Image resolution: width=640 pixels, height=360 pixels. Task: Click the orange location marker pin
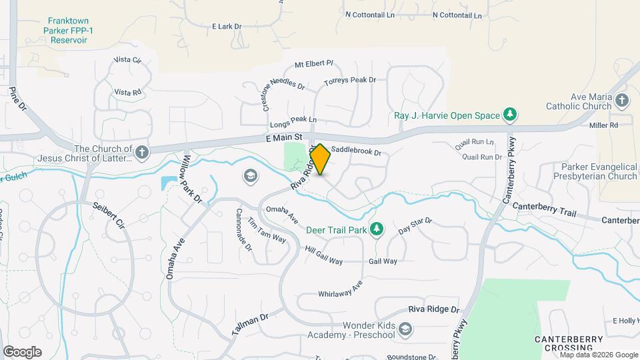pos(320,159)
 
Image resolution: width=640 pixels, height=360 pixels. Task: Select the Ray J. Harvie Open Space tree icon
pos(511,115)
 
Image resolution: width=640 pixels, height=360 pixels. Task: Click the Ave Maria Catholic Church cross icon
pos(622,101)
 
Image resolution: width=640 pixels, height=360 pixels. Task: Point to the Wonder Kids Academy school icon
pos(405,330)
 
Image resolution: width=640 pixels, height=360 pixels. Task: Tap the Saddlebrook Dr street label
pos(355,152)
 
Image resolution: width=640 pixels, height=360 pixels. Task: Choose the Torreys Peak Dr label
pos(350,81)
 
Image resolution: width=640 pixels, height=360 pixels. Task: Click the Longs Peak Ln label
pos(293,121)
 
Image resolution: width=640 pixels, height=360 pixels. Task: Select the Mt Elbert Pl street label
pos(313,64)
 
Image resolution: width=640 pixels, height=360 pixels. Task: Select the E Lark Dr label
pos(226,27)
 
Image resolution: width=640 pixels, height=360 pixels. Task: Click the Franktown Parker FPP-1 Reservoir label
pos(65,30)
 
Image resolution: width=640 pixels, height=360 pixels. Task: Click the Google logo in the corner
pos(22,351)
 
